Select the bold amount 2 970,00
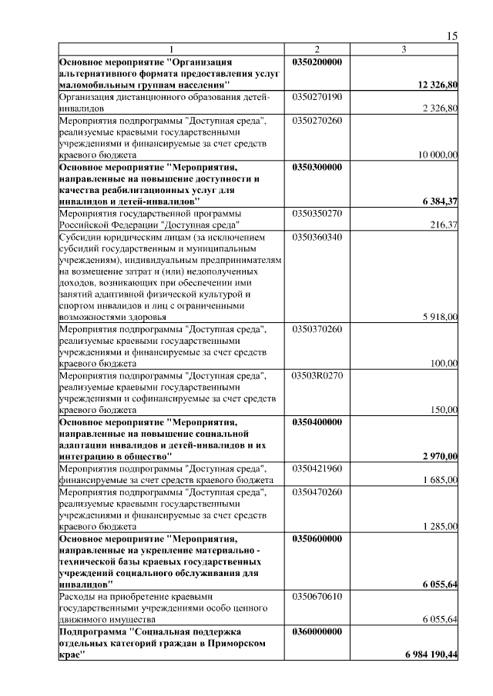click(440, 457)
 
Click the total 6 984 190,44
click(431, 654)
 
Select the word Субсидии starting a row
click(79, 237)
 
